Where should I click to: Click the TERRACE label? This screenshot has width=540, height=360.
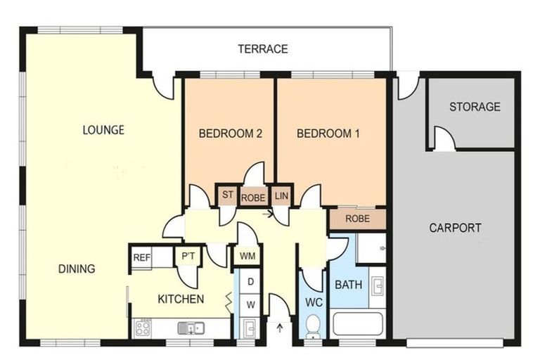[x=263, y=49]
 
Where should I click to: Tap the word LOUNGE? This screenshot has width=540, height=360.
[x=103, y=130]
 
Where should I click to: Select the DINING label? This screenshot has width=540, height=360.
[x=77, y=269]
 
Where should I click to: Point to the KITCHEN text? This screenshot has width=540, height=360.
[x=181, y=299]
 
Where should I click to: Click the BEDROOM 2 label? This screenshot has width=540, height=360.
[x=231, y=134]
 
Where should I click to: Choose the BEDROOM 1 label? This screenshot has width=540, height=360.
[x=328, y=134]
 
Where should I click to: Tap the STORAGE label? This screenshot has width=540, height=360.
[x=475, y=107]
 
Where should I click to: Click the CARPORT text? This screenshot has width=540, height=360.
[x=455, y=228]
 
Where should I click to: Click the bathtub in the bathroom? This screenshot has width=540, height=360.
[x=358, y=324]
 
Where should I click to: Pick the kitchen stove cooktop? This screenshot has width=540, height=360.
[x=143, y=328]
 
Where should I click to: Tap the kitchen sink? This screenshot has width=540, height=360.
[x=191, y=328]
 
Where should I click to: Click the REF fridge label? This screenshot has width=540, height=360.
[x=142, y=257]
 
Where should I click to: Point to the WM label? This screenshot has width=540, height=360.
[x=247, y=256]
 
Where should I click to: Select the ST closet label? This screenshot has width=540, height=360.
[x=227, y=195]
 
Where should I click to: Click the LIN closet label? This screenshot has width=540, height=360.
[x=281, y=196]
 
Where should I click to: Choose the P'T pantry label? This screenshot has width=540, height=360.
[x=188, y=256]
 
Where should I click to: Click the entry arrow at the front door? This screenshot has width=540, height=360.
[x=280, y=327]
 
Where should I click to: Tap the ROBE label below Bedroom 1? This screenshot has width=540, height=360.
[x=357, y=219]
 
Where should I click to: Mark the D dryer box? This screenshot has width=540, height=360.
[x=250, y=282]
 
